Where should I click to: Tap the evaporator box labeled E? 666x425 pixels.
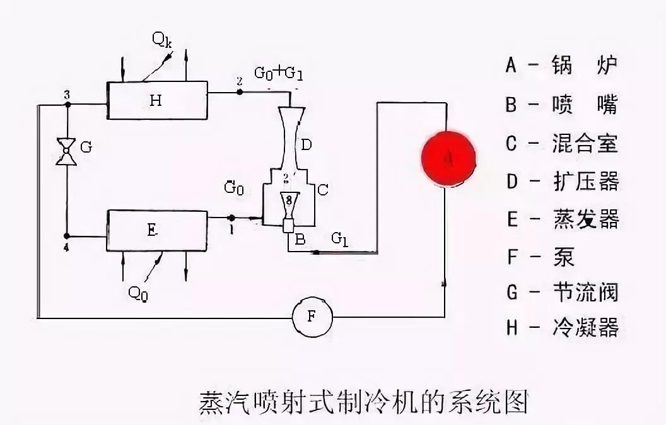(158, 231)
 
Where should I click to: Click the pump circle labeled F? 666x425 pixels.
(311, 317)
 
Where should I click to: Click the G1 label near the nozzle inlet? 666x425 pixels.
(340, 238)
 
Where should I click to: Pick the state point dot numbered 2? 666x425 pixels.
(239, 92)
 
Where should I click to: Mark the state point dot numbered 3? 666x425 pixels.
(66, 104)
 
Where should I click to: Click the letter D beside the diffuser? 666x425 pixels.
(305, 146)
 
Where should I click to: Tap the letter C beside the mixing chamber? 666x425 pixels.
(322, 189)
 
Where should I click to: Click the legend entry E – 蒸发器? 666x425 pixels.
(561, 219)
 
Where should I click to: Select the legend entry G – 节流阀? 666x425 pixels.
(561, 292)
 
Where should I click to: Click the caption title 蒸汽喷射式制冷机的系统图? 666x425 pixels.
(364, 401)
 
